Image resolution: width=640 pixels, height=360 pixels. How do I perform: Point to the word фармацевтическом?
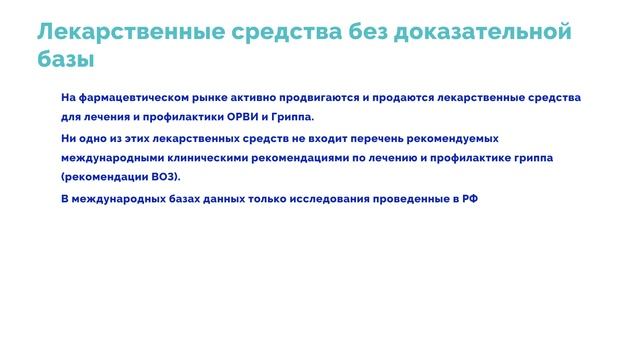[131, 98]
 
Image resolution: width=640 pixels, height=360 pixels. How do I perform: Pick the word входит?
[297, 139]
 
